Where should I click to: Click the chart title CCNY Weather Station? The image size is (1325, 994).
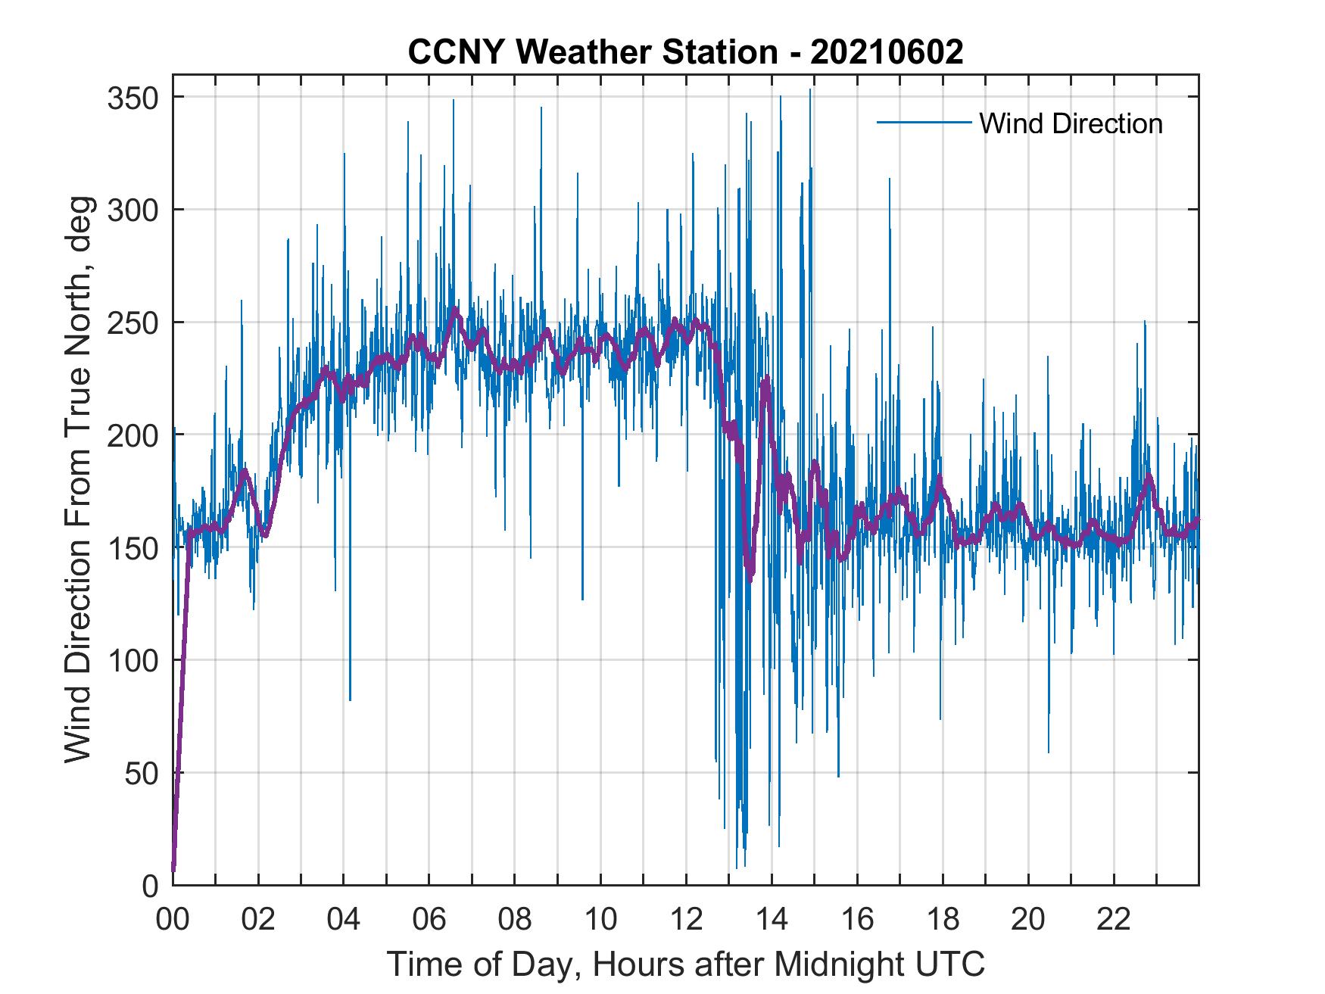[x=592, y=51]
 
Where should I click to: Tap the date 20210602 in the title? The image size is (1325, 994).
[x=887, y=51]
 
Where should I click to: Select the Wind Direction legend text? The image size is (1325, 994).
[x=1071, y=123]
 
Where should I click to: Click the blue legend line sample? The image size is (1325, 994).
[x=924, y=123]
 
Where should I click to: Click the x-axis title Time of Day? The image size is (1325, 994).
[x=685, y=964]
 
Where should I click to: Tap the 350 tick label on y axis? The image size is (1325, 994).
[x=132, y=98]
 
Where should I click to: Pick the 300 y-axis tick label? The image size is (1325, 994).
[x=132, y=210]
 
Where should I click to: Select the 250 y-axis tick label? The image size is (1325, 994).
[x=132, y=323]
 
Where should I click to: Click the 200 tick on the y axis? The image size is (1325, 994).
[x=132, y=435]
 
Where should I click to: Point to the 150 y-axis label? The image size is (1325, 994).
[x=132, y=547]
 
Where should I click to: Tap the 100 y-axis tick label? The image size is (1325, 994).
[x=132, y=660]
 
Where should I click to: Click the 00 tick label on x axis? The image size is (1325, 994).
[x=173, y=919]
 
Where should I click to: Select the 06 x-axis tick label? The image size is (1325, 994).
[x=429, y=919]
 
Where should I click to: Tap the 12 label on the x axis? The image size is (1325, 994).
[x=686, y=919]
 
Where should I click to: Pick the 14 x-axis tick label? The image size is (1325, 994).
[x=772, y=919]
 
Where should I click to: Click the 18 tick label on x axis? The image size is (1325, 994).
[x=943, y=919]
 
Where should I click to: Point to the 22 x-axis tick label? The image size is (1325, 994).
[x=1114, y=919]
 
